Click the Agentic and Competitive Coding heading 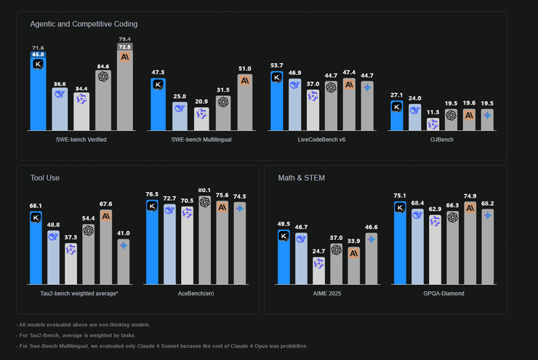pyautogui.click(x=84, y=24)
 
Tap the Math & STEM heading pyautogui.click(x=301, y=177)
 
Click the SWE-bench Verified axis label pyautogui.click(x=81, y=139)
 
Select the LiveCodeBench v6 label pyautogui.click(x=322, y=139)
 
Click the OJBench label pyautogui.click(x=442, y=139)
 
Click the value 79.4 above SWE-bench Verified pyautogui.click(x=124, y=39)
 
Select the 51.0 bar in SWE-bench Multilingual pyautogui.click(x=245, y=101)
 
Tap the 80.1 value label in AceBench pyautogui.click(x=204, y=190)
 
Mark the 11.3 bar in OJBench pyautogui.click(x=433, y=124)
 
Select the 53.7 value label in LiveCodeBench pyautogui.click(x=276, y=65)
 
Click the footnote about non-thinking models pyautogui.click(x=84, y=324)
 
